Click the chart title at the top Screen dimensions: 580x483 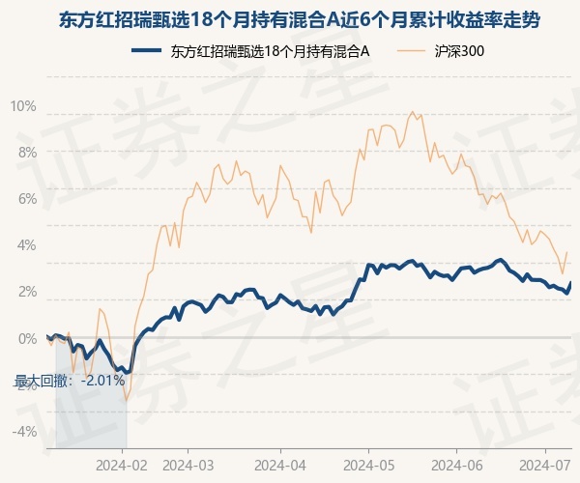point(300,20)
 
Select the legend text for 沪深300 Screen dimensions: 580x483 point(459,51)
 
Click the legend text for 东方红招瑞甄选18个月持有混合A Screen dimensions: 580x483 point(270,51)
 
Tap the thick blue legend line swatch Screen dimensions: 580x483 point(147,50)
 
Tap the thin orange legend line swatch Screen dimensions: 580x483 point(412,50)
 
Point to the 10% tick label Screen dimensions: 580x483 point(23,106)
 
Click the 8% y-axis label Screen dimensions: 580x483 point(27,153)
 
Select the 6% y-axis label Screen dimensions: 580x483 point(27,199)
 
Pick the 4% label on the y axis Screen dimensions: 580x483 point(27,245)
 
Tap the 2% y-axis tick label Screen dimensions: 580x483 point(27,292)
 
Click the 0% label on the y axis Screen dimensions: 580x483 point(27,338)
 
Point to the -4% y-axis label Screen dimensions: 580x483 point(24,431)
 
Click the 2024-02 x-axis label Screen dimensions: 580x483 point(122,466)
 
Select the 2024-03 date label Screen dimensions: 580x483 point(188,466)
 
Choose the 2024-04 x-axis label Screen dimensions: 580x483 point(280,466)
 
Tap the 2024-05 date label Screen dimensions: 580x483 point(368,466)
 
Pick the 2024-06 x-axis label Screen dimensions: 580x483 point(457,466)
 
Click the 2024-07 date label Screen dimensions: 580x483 point(545,466)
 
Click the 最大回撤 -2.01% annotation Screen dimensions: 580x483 point(70,381)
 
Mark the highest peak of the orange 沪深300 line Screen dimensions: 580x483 point(413,112)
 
